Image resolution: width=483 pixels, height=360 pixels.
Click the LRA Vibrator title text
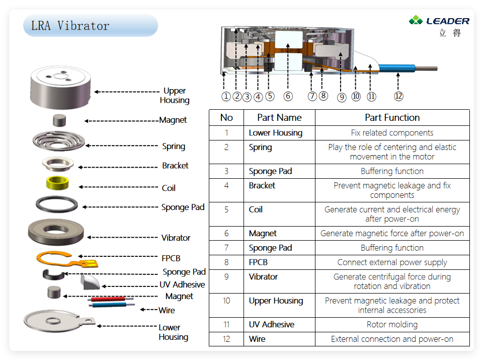70,26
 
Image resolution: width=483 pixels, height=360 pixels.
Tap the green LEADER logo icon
416,20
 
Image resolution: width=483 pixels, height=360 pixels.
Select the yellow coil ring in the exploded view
57,183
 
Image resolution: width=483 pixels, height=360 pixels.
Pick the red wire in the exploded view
107,299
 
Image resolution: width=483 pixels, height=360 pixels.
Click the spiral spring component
58,141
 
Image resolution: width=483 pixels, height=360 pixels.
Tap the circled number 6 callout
288,96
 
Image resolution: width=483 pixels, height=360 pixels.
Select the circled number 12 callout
398,96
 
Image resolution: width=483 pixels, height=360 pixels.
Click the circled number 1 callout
226,97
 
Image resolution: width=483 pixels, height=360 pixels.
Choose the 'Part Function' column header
392,117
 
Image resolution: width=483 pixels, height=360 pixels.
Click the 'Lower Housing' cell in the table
276,133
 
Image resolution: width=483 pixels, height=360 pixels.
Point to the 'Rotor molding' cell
392,325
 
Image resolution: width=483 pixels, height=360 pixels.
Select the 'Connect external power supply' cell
392,262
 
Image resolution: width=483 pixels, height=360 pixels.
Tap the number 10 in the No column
226,301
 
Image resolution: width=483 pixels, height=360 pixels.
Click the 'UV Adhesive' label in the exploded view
182,284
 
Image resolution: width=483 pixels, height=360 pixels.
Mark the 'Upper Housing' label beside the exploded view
175,95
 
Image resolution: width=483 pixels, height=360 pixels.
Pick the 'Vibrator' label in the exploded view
176,238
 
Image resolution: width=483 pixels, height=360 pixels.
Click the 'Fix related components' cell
392,133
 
